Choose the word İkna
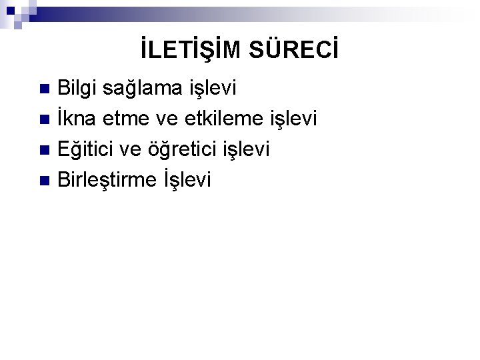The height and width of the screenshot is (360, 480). [78, 119]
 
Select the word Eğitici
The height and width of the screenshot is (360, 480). [90, 150]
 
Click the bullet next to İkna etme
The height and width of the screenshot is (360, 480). [45, 120]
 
